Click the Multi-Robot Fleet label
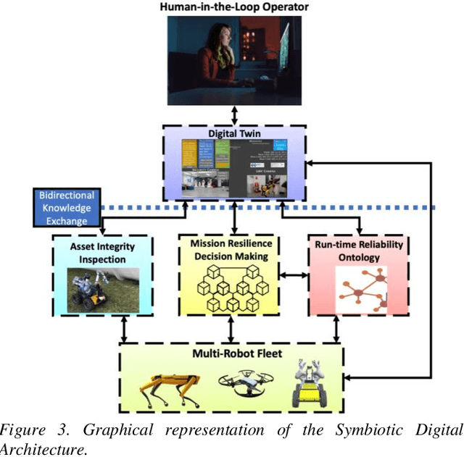231,354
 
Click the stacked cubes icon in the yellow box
231,288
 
